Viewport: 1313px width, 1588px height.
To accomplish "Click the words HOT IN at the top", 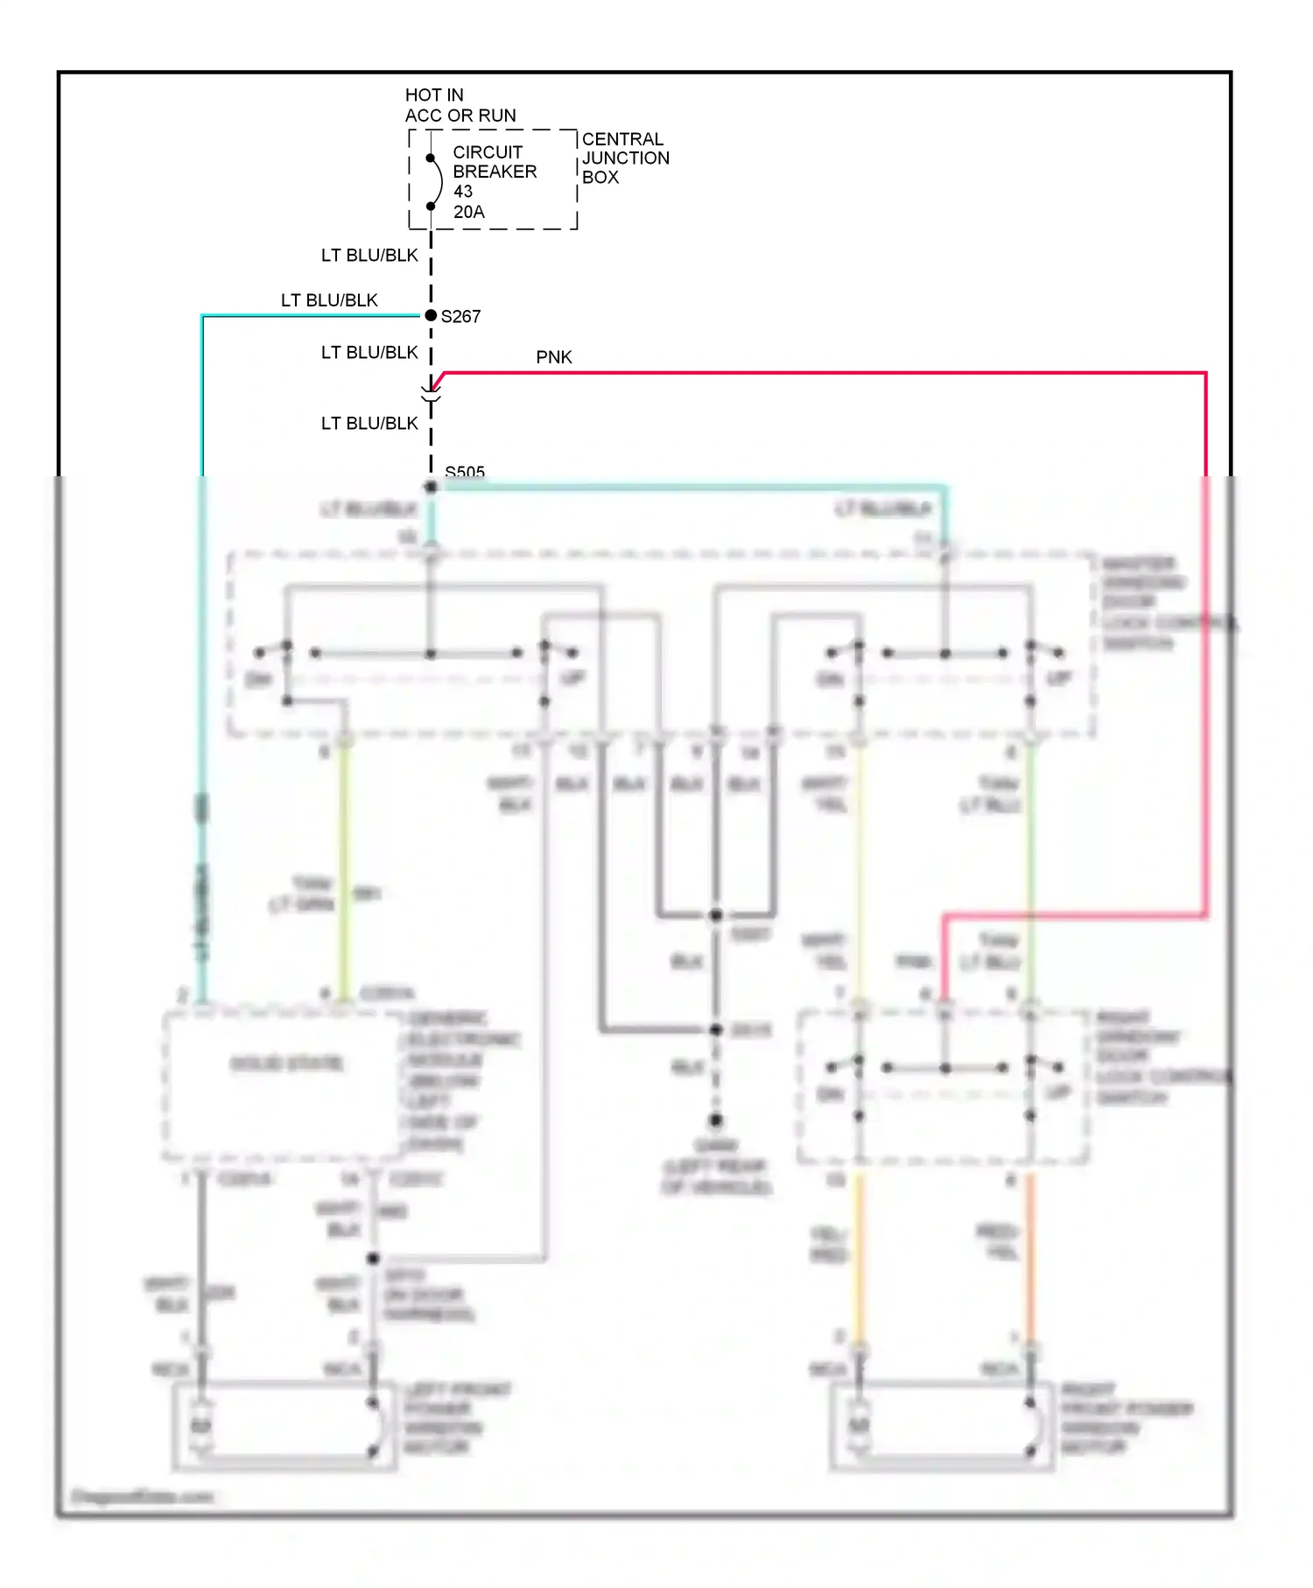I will pyautogui.click(x=434, y=95).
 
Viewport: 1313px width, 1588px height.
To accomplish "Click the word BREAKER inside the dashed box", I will pyautogui.click(x=495, y=172).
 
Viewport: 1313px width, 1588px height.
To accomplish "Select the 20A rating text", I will pyautogui.click(x=468, y=212).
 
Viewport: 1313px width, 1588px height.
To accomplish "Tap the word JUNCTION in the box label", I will pyautogui.click(x=625, y=158).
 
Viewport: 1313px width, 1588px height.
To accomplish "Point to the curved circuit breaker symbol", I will pyautogui.click(x=436, y=182).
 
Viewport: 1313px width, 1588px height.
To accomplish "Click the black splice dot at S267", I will pyautogui.click(x=431, y=315).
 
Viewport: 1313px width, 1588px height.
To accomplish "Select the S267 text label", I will pyautogui.click(x=460, y=317).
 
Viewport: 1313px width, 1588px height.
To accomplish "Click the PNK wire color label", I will pyautogui.click(x=553, y=357).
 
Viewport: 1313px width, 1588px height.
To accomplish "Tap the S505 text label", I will pyautogui.click(x=464, y=472).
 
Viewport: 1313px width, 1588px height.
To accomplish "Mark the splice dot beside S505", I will pyautogui.click(x=431, y=487).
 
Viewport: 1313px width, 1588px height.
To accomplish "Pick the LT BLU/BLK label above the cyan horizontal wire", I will pyautogui.click(x=329, y=300).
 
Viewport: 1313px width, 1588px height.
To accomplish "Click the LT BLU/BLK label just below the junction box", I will pyautogui.click(x=369, y=256).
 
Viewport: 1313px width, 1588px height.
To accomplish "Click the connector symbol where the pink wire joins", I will pyautogui.click(x=431, y=394).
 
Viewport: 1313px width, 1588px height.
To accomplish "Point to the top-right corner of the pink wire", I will pyautogui.click(x=1205, y=374).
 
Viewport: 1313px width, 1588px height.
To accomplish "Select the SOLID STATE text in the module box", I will pyautogui.click(x=286, y=1064).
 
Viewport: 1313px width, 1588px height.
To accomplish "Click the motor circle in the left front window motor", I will pyautogui.click(x=201, y=1426).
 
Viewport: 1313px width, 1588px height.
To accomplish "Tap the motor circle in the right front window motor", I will pyautogui.click(x=859, y=1426).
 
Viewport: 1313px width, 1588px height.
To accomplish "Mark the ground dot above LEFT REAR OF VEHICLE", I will pyautogui.click(x=716, y=1121).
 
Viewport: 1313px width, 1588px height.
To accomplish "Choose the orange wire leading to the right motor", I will pyautogui.click(x=1030, y=1261).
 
